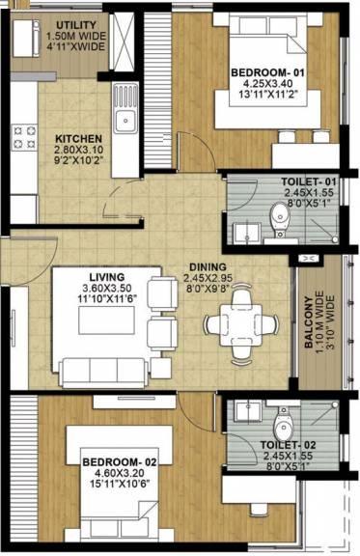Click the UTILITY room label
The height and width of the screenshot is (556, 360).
click(x=76, y=25)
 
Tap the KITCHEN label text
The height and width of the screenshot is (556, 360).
click(x=78, y=139)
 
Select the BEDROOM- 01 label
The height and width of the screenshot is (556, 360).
click(x=267, y=72)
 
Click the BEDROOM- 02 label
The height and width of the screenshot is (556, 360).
click(x=119, y=462)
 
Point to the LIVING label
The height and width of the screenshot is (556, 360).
click(x=107, y=277)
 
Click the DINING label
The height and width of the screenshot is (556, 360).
click(x=208, y=267)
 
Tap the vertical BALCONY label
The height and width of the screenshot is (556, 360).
click(x=309, y=322)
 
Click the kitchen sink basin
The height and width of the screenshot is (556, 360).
click(x=125, y=122)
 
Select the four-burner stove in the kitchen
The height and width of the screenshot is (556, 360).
click(x=24, y=138)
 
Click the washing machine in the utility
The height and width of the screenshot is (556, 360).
click(x=25, y=39)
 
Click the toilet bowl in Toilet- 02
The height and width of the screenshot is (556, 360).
click(x=284, y=424)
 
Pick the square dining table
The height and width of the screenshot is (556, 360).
click(x=241, y=325)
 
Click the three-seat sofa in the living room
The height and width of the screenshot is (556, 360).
click(x=104, y=373)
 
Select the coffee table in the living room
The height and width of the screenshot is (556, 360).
click(x=106, y=320)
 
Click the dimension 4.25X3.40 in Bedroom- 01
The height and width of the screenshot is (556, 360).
click(x=267, y=84)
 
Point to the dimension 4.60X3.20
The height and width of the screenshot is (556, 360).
click(x=119, y=473)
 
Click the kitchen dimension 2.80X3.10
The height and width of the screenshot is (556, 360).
click(x=78, y=150)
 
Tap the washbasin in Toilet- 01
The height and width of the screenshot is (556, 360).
click(x=248, y=234)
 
